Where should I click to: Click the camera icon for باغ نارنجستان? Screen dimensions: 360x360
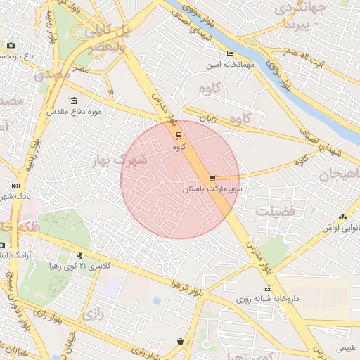(x=11, y=46)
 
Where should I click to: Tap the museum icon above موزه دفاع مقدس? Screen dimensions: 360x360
(x=75, y=100)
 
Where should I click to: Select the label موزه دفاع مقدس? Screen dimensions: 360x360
(x=75, y=112)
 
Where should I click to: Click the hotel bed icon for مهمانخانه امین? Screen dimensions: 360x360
(x=230, y=54)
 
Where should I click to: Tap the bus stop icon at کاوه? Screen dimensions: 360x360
(x=179, y=135)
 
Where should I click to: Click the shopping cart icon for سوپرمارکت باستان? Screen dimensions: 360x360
(x=212, y=179)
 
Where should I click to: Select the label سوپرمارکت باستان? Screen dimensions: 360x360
(x=212, y=190)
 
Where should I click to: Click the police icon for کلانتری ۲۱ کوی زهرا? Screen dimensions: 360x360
(x=79, y=255)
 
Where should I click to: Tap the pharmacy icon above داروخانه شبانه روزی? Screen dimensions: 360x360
(x=266, y=288)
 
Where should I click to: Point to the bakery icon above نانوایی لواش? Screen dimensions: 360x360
(x=342, y=217)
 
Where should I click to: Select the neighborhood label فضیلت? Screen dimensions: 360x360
(x=276, y=211)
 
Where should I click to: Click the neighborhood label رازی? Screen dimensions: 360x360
(x=92, y=314)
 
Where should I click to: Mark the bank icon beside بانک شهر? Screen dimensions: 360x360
(x=15, y=186)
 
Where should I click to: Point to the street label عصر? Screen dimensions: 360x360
(x=80, y=69)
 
